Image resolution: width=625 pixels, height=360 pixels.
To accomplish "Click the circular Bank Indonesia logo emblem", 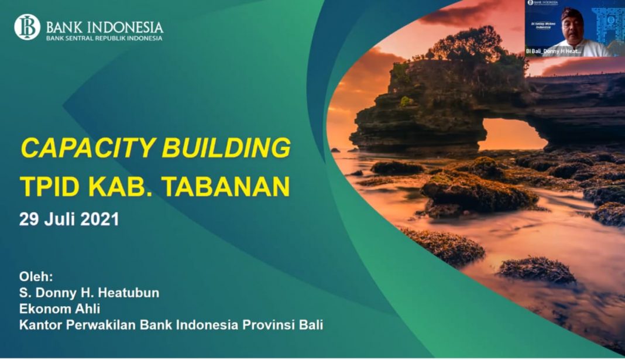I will coord(27,27).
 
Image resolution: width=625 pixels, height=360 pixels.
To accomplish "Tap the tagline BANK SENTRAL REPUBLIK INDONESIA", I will coord(104,38).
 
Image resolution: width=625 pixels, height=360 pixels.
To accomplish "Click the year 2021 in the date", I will coord(99,220).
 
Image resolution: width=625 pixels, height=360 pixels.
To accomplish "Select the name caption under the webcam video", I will coord(554,52).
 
